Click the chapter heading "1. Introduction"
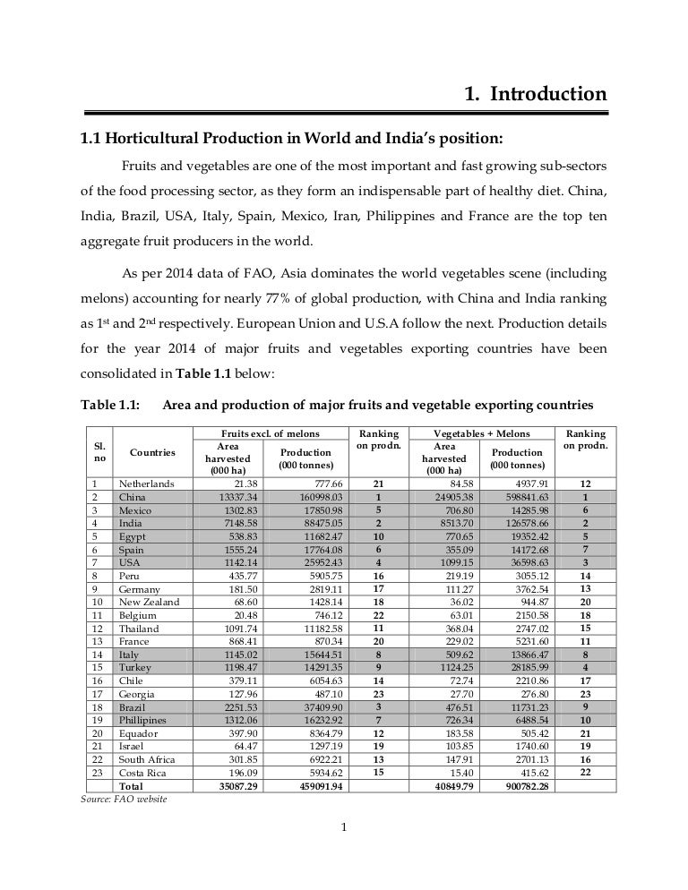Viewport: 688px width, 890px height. [535, 93]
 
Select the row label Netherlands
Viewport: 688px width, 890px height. [148, 484]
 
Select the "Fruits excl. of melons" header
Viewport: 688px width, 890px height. [268, 433]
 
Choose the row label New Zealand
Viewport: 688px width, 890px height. [149, 602]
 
